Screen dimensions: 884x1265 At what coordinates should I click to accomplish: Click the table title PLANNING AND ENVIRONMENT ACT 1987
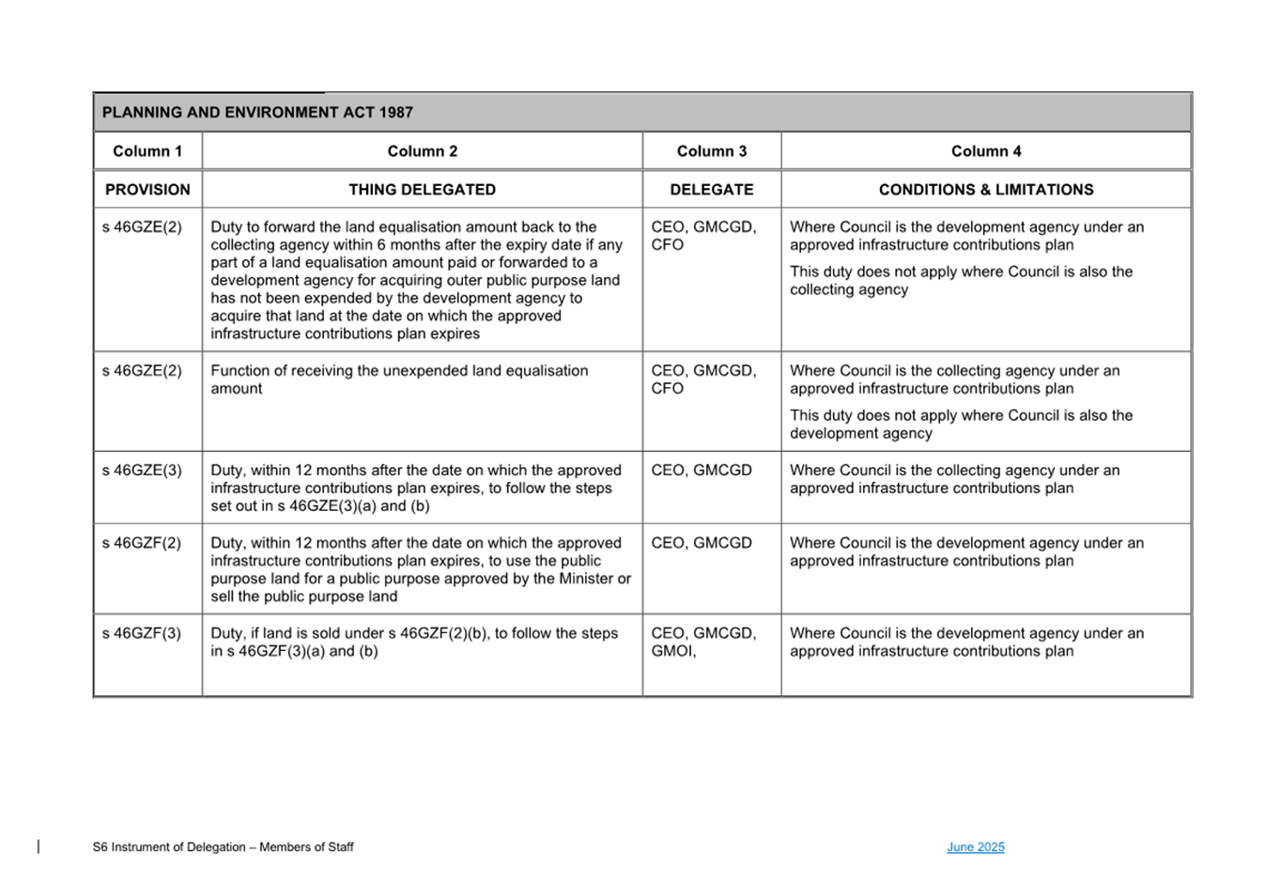tap(257, 113)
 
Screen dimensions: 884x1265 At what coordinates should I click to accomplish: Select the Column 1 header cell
tap(147, 151)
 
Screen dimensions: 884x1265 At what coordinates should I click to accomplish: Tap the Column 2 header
tap(423, 151)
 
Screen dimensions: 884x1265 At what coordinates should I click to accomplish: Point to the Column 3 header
tap(712, 151)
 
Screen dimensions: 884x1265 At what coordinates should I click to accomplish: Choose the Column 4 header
tap(986, 151)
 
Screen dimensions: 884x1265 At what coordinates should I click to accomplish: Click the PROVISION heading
tap(147, 190)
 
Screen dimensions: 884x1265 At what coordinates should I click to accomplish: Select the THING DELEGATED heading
tap(423, 190)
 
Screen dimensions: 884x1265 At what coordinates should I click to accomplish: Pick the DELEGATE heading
tap(712, 190)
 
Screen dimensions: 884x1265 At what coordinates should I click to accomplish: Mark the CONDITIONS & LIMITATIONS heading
tap(986, 190)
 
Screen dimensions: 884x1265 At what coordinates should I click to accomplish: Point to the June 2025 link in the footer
tap(976, 847)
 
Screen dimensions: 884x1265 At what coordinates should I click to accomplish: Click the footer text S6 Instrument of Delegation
tap(223, 847)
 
